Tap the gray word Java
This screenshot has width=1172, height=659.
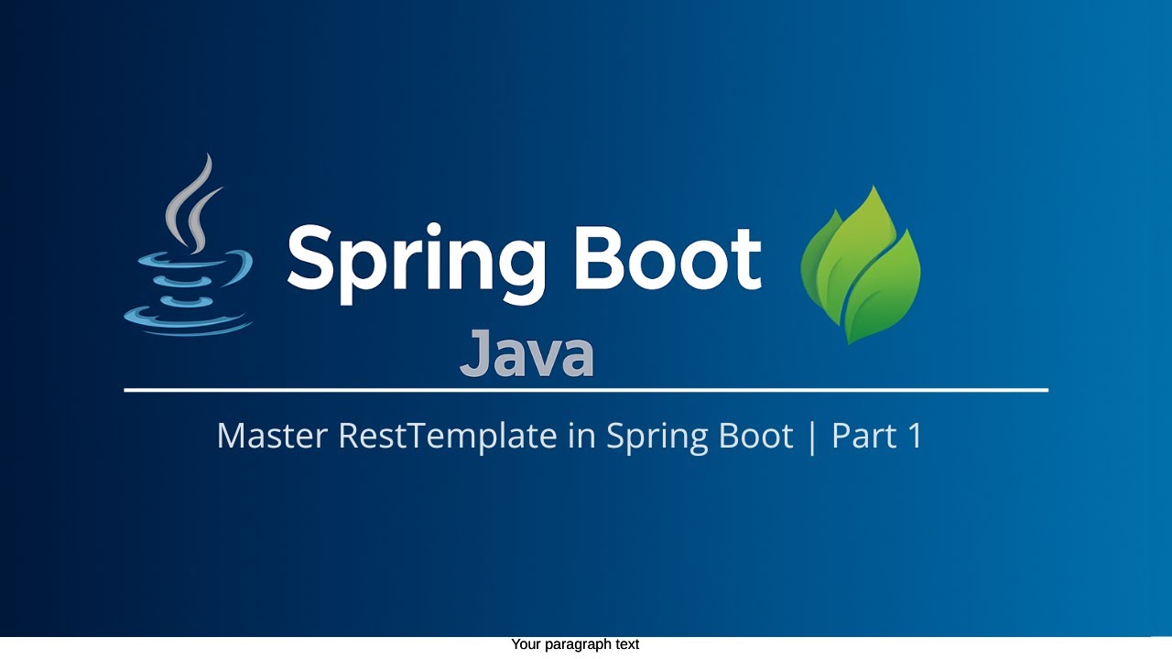click(526, 355)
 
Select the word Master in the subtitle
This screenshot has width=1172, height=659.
click(271, 436)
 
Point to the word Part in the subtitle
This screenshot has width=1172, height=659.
click(863, 436)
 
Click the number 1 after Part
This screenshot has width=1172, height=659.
click(914, 436)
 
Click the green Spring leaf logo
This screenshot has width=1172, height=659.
click(861, 265)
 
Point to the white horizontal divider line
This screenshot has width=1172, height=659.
click(586, 390)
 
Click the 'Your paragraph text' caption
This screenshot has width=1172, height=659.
click(575, 644)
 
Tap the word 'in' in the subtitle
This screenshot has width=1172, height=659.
click(581, 436)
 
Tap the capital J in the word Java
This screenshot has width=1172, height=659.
click(475, 353)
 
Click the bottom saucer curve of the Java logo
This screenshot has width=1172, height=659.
click(188, 324)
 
